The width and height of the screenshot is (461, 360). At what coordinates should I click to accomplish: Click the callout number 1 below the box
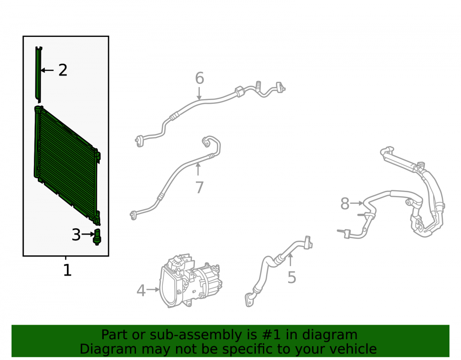pyautogui.click(x=67, y=270)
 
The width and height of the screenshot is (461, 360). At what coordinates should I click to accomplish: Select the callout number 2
pyautogui.click(x=63, y=70)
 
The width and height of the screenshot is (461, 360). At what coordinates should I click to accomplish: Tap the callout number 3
pyautogui.click(x=76, y=235)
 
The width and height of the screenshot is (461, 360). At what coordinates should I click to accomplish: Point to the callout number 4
pyautogui.click(x=141, y=290)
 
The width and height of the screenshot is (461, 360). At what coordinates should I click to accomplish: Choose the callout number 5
pyautogui.click(x=292, y=277)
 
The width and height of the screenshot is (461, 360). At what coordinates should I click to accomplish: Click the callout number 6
pyautogui.click(x=200, y=78)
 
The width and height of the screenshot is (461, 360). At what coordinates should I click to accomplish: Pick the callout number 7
pyautogui.click(x=199, y=187)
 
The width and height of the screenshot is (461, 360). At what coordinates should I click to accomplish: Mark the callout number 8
pyautogui.click(x=345, y=203)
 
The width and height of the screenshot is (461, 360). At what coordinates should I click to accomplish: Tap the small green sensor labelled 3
pyautogui.click(x=97, y=237)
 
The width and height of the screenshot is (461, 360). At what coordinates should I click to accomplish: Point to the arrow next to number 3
pyautogui.click(x=88, y=234)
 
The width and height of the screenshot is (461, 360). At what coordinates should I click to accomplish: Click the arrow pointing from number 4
pyautogui.click(x=153, y=289)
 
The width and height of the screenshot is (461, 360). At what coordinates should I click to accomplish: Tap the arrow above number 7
pyautogui.click(x=198, y=169)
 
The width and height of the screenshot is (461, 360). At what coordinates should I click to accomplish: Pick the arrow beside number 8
pyautogui.click(x=357, y=203)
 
